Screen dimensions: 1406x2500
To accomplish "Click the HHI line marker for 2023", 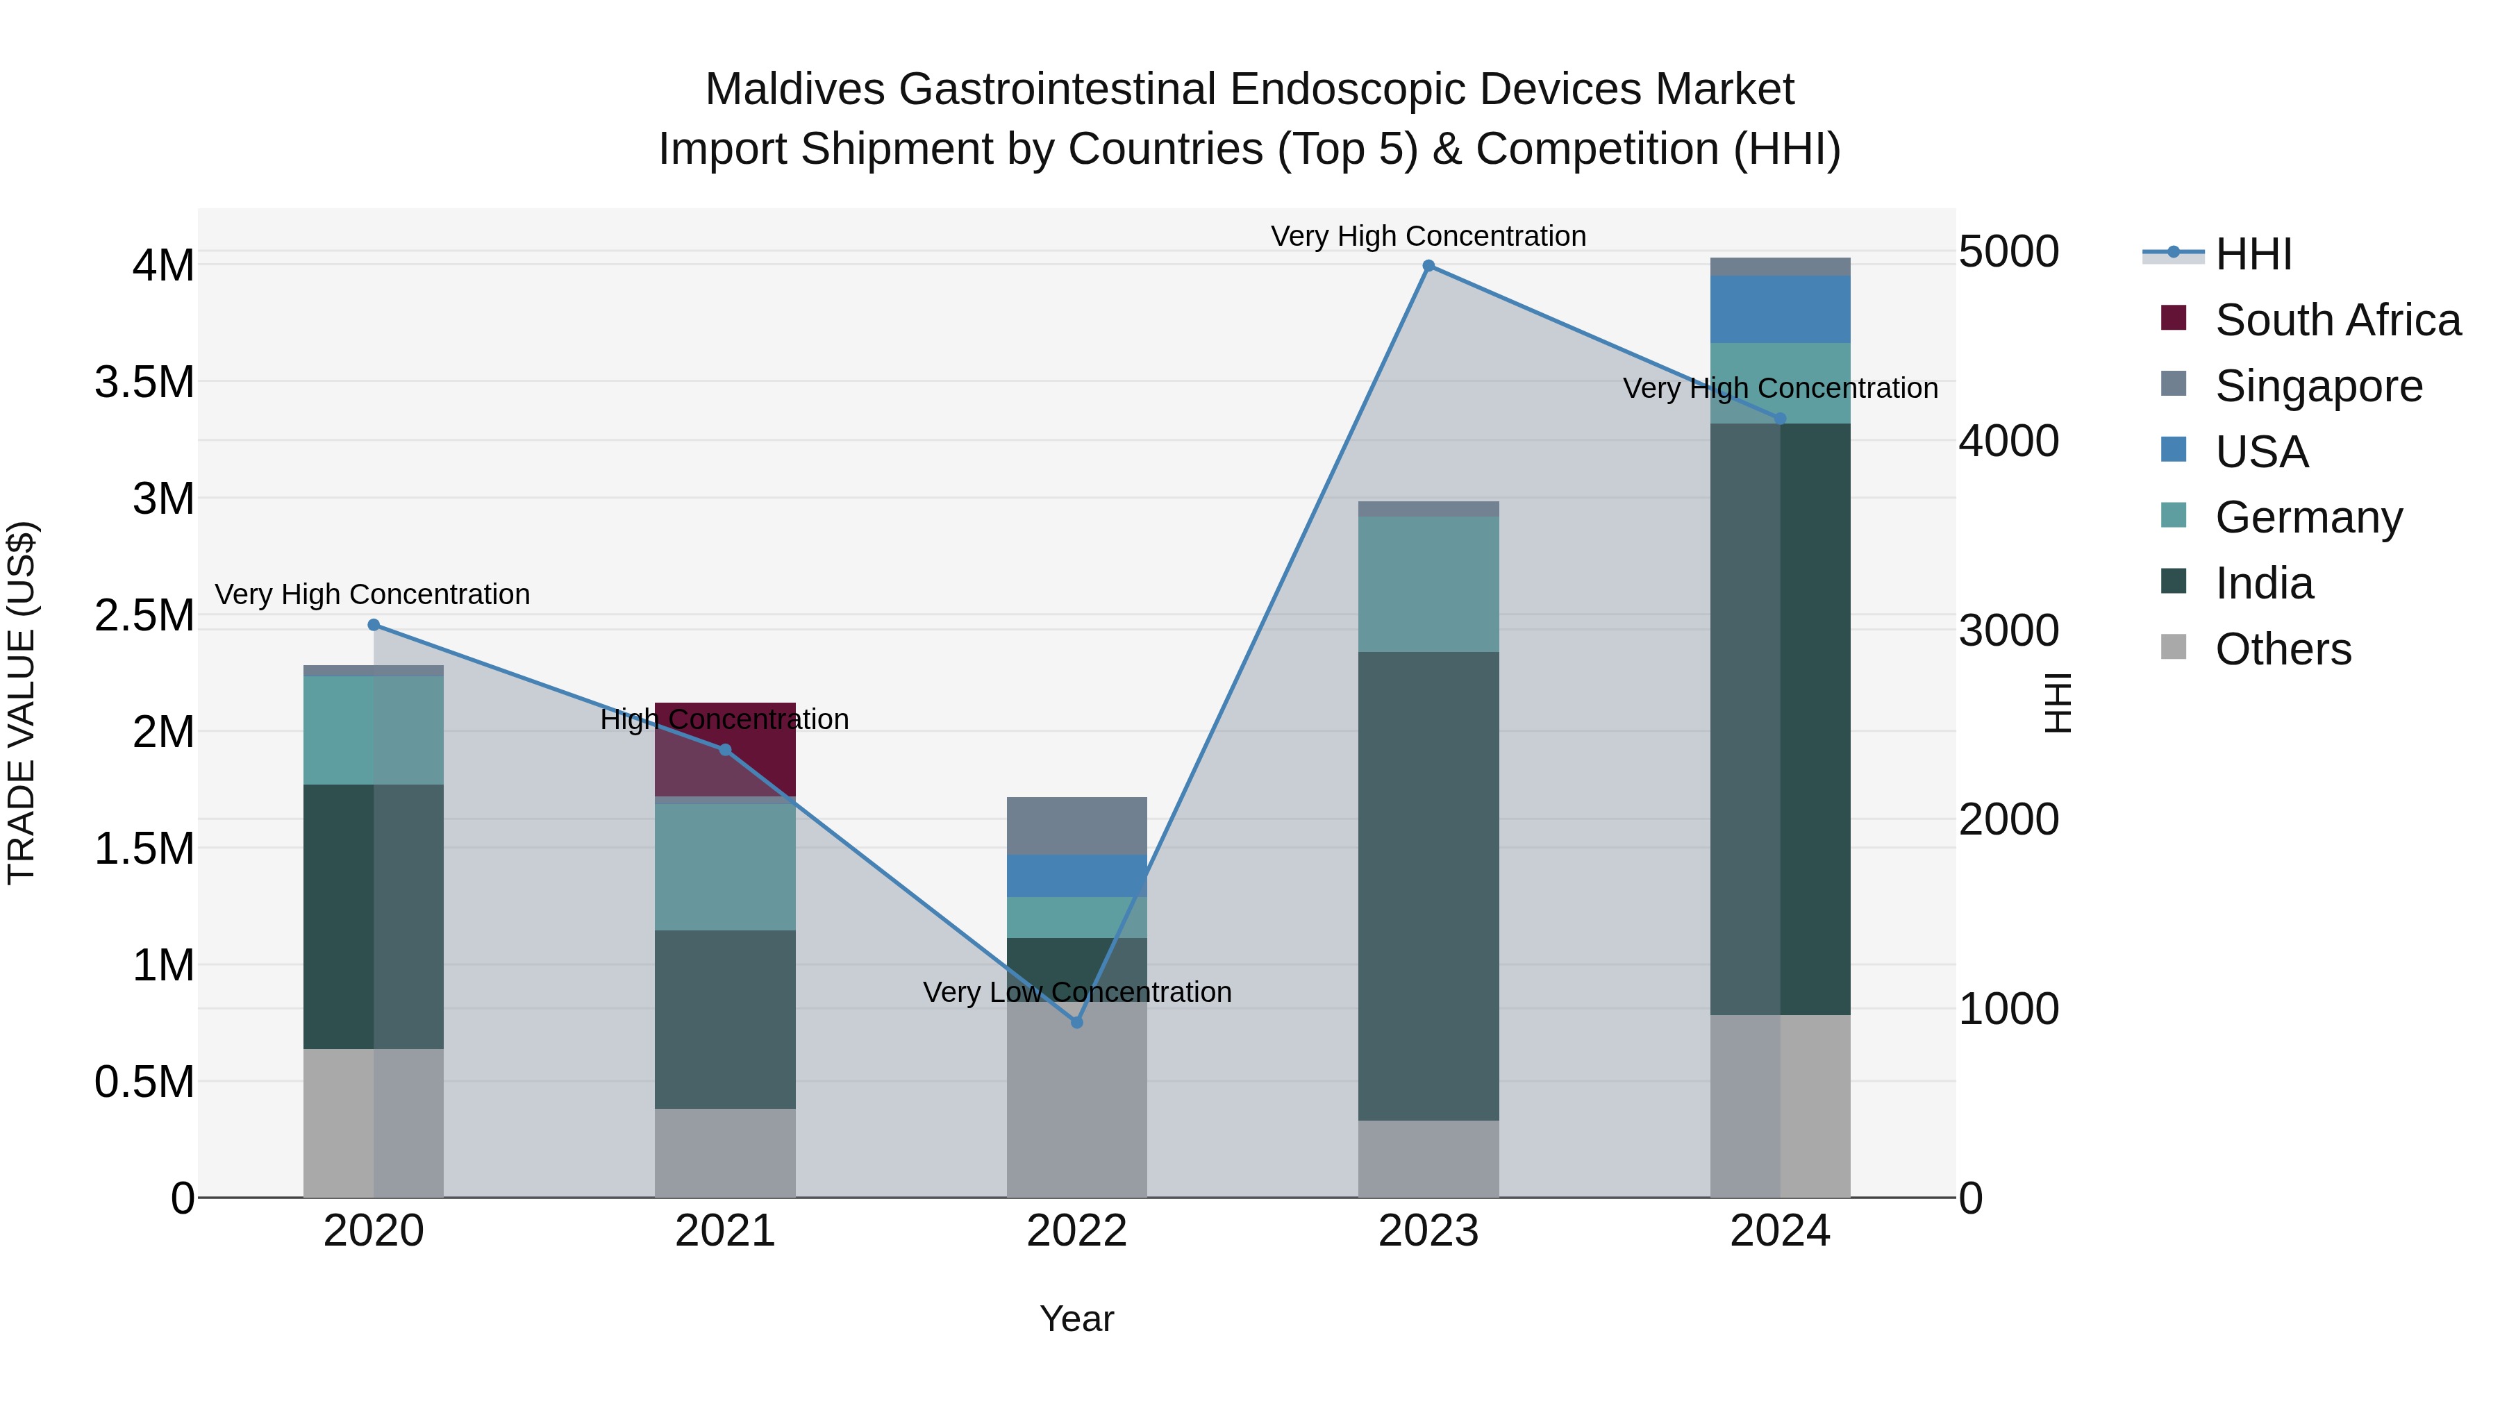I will coord(1428,266).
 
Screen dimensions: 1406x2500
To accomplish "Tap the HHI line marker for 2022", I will coord(1076,1022).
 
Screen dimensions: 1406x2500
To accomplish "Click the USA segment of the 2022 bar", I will coord(1076,876).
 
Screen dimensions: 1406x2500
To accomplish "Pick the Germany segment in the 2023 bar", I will coord(1428,583).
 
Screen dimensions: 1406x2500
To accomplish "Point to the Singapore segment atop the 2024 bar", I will coord(1779,267).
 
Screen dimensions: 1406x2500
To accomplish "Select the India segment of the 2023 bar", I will coord(1428,885).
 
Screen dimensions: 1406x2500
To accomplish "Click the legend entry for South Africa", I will coord(2337,320).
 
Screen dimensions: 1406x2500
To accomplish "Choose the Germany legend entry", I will coord(2308,517).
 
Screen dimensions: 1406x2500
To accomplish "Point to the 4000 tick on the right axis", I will coord(2008,440).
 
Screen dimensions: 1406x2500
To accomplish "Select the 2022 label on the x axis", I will coord(1076,1231).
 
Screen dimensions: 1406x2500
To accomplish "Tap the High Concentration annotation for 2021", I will coord(724,719).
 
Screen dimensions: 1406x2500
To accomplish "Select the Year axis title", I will coord(1076,1319).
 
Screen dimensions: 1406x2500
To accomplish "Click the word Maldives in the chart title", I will coord(794,90).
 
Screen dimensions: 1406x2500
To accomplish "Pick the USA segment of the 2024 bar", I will coord(1779,308).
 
